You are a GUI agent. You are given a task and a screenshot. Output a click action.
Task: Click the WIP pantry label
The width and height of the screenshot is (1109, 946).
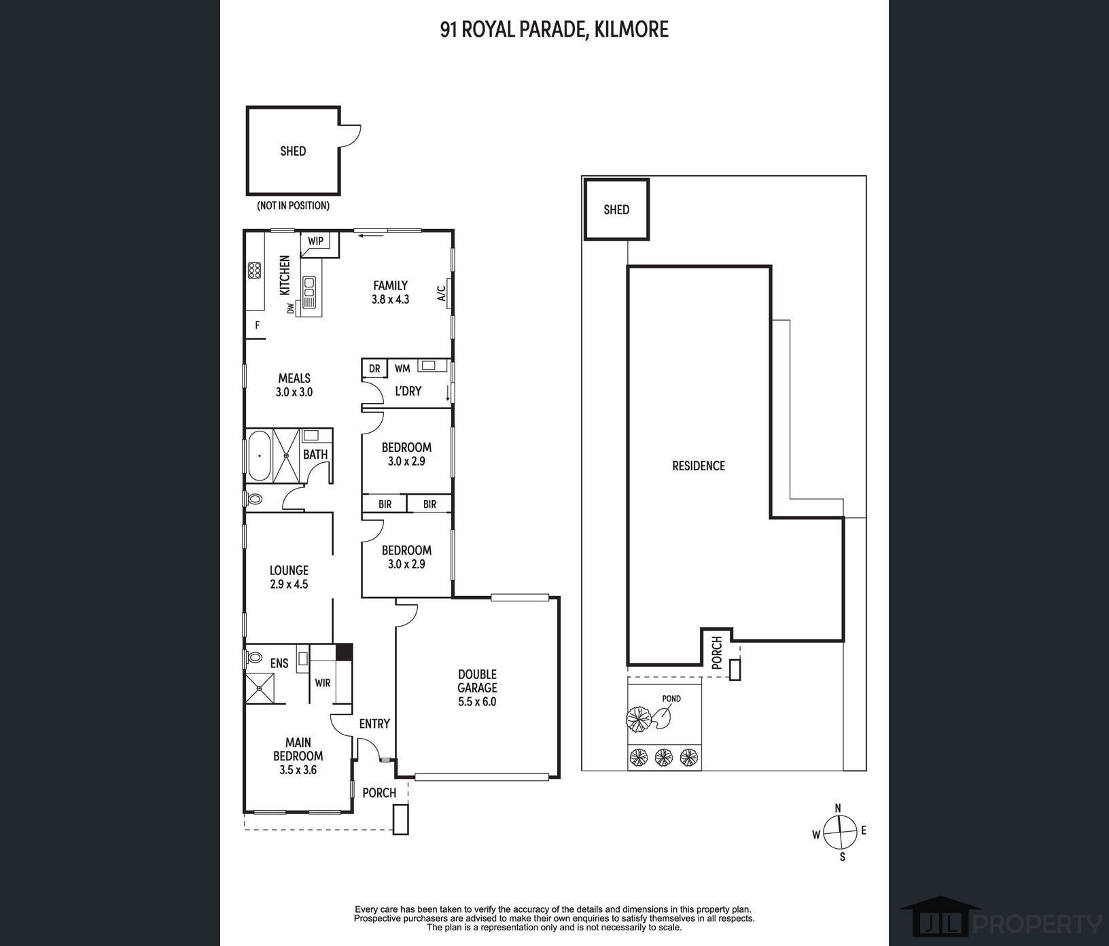(x=315, y=241)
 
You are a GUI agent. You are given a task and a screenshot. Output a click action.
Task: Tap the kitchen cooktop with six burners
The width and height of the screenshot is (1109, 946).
(x=255, y=270)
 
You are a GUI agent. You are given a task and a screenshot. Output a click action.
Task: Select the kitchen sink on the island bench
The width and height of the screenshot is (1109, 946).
(x=310, y=293)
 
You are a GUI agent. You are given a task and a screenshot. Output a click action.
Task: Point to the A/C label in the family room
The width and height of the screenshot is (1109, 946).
(x=440, y=293)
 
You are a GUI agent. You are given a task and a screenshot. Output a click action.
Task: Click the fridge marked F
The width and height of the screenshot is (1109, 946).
(x=258, y=326)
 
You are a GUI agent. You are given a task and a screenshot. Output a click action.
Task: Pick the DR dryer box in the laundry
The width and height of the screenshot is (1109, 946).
(x=374, y=368)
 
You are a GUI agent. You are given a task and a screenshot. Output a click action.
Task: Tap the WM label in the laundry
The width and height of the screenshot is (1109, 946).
(x=402, y=368)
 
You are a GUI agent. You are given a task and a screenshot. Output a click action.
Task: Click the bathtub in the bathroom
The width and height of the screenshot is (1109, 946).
(x=259, y=455)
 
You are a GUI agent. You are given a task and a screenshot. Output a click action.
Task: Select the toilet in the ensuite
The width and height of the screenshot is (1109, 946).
(x=253, y=658)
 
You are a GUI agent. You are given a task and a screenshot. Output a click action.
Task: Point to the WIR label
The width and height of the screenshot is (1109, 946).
(x=323, y=682)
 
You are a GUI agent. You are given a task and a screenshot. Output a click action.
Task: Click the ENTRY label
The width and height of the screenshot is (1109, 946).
(x=374, y=724)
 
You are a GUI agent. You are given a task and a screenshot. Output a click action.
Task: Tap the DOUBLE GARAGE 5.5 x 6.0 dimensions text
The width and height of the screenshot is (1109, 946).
(x=477, y=702)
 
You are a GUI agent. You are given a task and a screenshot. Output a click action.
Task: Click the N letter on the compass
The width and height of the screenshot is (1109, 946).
(x=838, y=808)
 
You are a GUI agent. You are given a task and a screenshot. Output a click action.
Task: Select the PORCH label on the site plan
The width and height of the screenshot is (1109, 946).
(x=717, y=653)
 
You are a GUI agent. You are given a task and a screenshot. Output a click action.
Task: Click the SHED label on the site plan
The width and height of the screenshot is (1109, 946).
(x=616, y=210)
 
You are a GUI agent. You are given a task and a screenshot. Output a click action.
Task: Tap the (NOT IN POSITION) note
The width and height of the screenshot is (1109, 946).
(x=293, y=205)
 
